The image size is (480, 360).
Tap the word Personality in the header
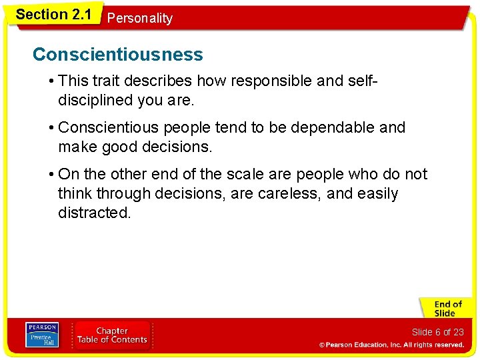(x=139, y=18)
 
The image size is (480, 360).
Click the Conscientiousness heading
(x=117, y=55)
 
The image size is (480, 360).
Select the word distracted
(x=94, y=213)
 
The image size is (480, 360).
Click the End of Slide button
(x=445, y=309)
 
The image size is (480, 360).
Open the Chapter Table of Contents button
(x=112, y=335)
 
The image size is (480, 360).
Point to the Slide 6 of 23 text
(x=437, y=332)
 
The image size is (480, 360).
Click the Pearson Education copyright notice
(x=391, y=345)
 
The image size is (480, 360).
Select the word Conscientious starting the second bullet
(x=107, y=127)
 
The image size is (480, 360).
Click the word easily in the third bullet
(x=376, y=194)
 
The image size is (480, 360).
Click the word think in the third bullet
(x=75, y=194)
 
